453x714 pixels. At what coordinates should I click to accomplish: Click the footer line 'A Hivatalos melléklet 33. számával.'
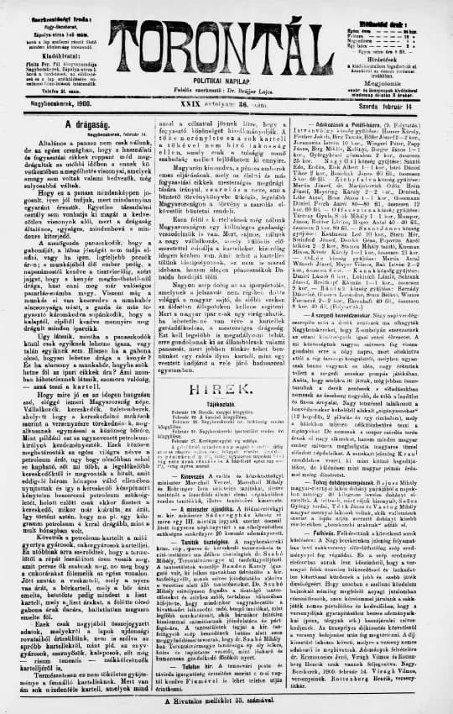tap(226, 701)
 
